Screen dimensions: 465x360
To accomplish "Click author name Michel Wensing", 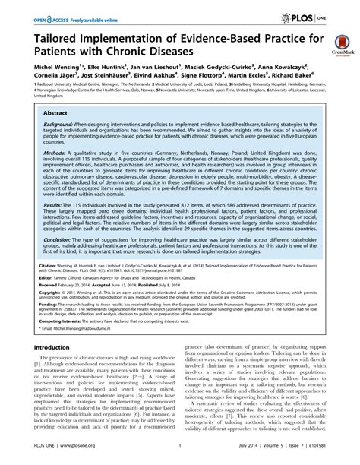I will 38,78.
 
